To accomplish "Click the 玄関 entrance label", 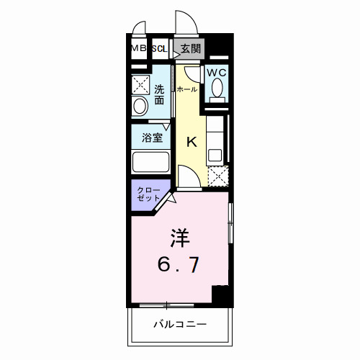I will click(x=190, y=49).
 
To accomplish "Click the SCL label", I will click(x=159, y=49).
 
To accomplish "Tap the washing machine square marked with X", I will click(x=140, y=84).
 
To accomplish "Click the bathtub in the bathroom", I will click(x=150, y=162).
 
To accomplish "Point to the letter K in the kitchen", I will click(x=192, y=142).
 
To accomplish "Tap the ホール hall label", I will click(x=186, y=89).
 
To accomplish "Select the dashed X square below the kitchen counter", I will click(x=217, y=175).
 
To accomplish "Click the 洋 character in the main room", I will click(x=180, y=237).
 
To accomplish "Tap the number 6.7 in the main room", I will click(x=180, y=264).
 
